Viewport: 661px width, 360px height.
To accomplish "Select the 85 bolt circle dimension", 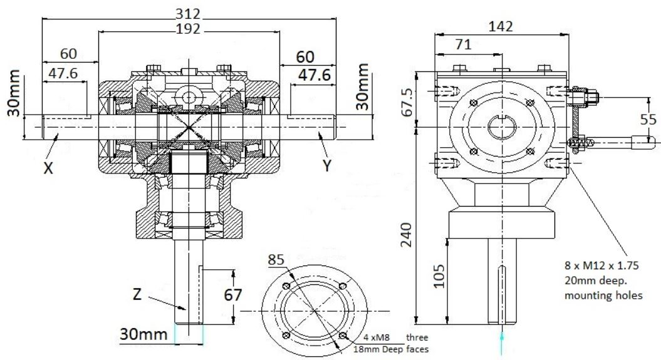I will [276, 259].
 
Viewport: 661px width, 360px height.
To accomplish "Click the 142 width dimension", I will [500, 26].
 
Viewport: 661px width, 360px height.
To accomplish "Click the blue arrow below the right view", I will [501, 343].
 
